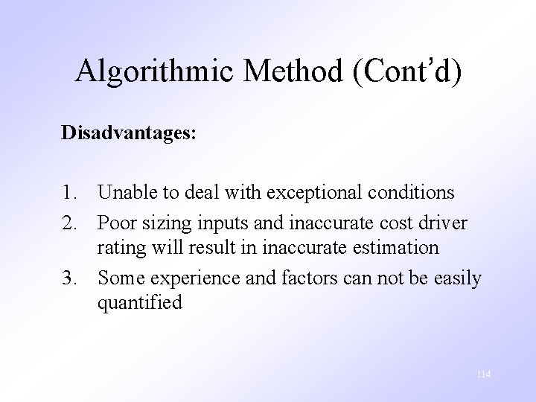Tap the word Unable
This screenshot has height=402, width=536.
[124, 193]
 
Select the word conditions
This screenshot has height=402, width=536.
[410, 193]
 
